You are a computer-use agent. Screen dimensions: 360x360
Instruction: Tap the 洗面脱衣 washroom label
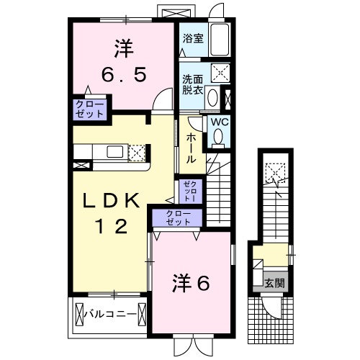click(192, 84)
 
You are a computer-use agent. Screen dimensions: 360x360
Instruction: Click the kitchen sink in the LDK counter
click(115, 151)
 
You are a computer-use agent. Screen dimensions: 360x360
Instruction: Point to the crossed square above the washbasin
click(221, 72)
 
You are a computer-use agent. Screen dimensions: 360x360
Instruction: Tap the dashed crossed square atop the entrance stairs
click(274, 171)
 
